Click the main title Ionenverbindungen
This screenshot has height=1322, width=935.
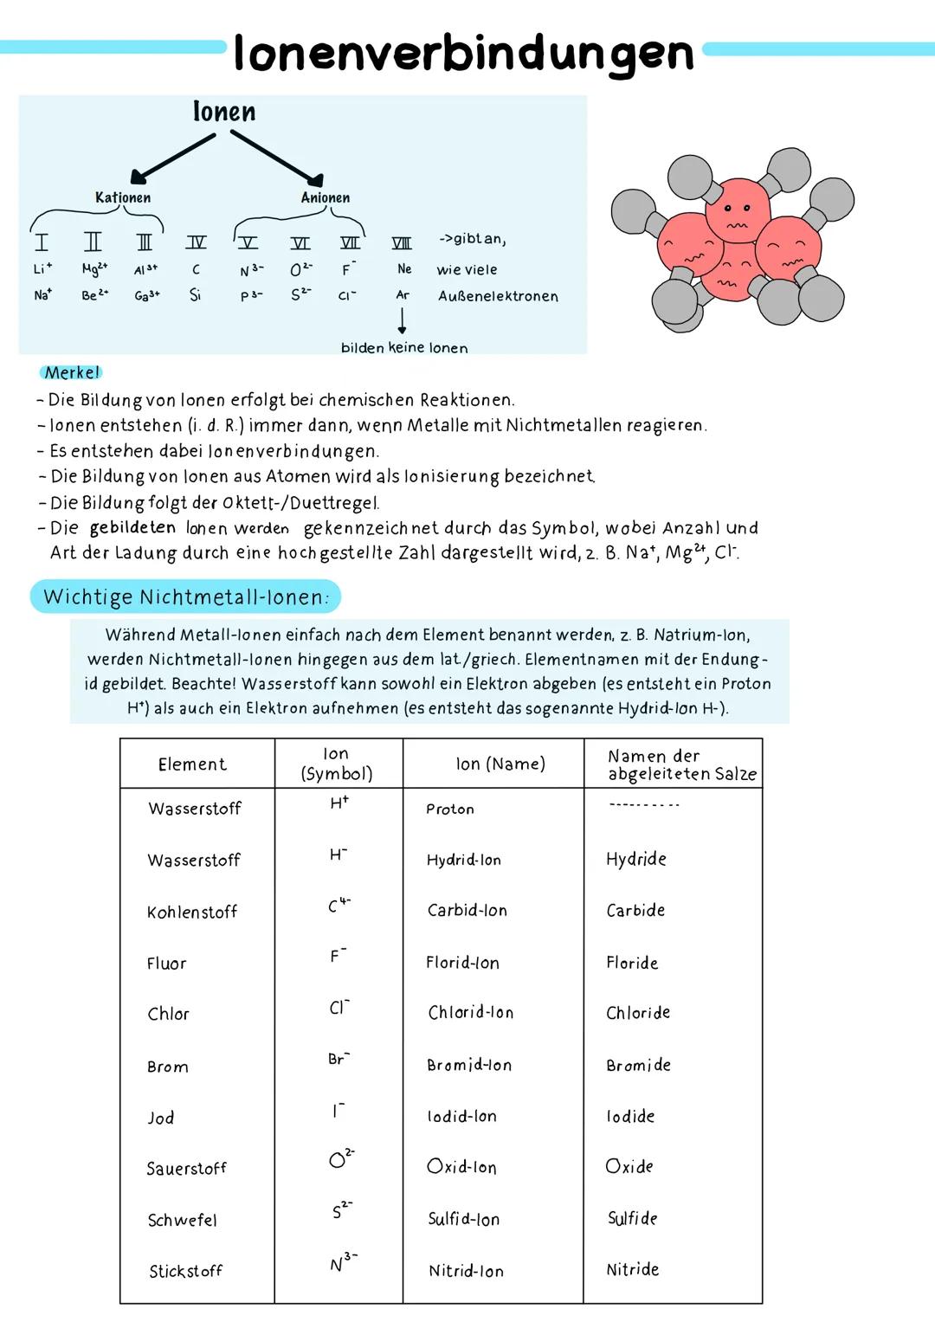(x=463, y=54)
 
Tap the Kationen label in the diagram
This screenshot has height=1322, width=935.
(x=123, y=197)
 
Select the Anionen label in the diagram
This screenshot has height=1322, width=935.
(x=326, y=197)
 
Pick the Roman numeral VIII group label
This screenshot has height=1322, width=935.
(x=402, y=243)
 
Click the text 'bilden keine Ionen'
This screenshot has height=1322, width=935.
(x=404, y=348)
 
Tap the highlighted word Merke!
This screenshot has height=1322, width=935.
(x=73, y=373)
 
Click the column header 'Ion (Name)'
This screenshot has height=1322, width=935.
(x=500, y=764)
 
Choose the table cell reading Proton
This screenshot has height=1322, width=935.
(x=450, y=809)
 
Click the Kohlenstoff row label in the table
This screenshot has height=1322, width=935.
(x=192, y=913)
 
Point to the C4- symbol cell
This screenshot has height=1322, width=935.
(x=339, y=906)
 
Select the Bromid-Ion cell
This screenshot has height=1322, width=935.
(x=469, y=1066)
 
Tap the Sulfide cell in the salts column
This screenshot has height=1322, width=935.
(x=633, y=1219)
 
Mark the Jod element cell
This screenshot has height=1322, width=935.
(x=161, y=1119)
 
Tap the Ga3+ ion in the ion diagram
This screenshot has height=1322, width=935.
(x=146, y=296)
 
